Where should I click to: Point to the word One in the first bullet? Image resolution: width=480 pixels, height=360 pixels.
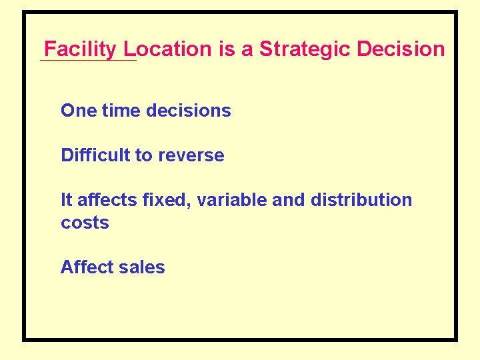click(79, 111)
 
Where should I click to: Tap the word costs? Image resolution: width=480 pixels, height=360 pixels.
click(85, 223)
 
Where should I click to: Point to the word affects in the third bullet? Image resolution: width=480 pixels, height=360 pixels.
click(104, 200)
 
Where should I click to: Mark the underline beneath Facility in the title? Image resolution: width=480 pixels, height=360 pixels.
click(88, 61)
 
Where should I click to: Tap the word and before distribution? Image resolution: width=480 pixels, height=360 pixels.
click(288, 200)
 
